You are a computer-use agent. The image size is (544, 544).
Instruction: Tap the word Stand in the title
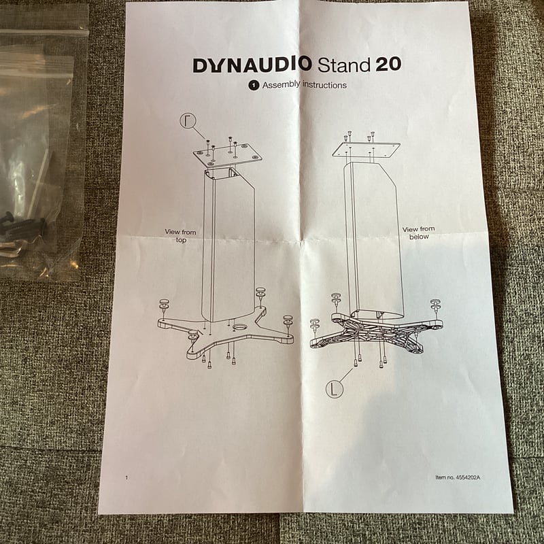coord(343,65)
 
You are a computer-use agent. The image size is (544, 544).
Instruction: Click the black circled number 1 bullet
coord(253,86)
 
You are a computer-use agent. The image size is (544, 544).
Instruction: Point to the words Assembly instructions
coord(304,85)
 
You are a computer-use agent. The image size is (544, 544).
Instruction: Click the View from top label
coord(180,236)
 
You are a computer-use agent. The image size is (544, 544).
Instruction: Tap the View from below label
coord(418,233)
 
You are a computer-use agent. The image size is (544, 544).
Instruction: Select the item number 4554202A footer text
coord(458,477)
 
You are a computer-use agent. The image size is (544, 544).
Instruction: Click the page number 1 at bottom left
coord(126,477)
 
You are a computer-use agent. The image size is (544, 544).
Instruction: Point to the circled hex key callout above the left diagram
coord(188,122)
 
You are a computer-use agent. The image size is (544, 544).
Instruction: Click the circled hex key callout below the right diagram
coord(334,389)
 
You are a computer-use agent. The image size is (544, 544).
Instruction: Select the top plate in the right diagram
coord(366,149)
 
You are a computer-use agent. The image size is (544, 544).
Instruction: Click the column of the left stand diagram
coord(229,245)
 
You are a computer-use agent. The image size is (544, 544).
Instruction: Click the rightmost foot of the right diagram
coord(435,305)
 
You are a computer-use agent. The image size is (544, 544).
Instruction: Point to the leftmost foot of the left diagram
coord(164,304)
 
